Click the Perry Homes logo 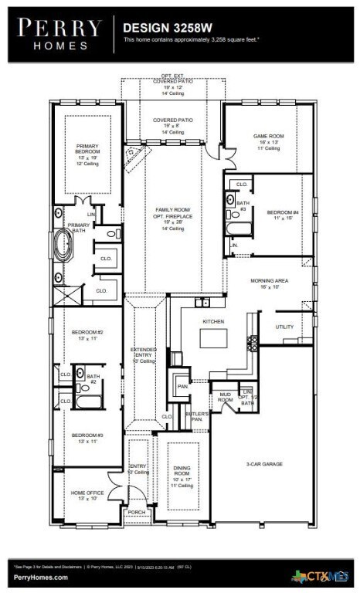point(59,34)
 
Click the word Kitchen point(212,320)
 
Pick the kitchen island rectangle point(213,339)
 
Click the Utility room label point(284,327)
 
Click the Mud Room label point(225,398)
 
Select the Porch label point(137,512)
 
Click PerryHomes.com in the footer point(40,577)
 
